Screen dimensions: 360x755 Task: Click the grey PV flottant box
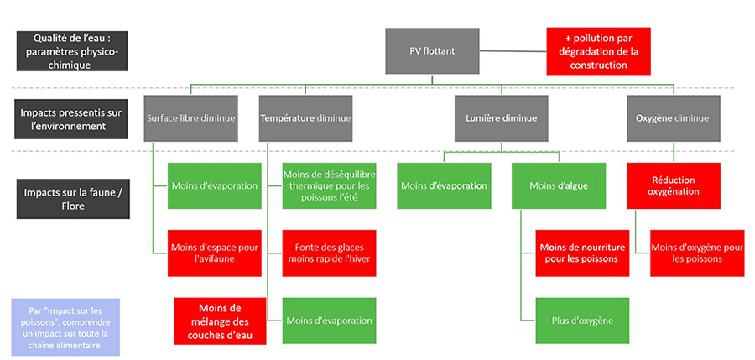(432, 50)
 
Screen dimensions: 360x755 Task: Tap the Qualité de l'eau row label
(70, 51)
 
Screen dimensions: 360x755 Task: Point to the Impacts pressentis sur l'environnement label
(70, 118)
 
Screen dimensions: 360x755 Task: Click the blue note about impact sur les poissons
(65, 326)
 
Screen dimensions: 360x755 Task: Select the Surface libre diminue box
(190, 118)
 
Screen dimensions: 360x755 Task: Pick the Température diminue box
(305, 118)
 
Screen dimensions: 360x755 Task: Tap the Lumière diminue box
(502, 118)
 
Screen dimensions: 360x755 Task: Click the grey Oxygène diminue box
(673, 118)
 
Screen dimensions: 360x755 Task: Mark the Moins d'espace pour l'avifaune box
(214, 253)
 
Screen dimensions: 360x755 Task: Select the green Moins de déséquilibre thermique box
(329, 185)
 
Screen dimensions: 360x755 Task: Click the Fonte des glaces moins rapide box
(329, 253)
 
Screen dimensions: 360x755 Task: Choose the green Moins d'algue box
(558, 185)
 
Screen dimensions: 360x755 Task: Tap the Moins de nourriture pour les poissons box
(582, 253)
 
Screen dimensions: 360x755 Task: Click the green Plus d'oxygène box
(582, 321)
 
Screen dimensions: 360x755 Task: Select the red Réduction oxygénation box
(673, 185)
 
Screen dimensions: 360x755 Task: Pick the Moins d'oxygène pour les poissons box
(696, 253)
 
